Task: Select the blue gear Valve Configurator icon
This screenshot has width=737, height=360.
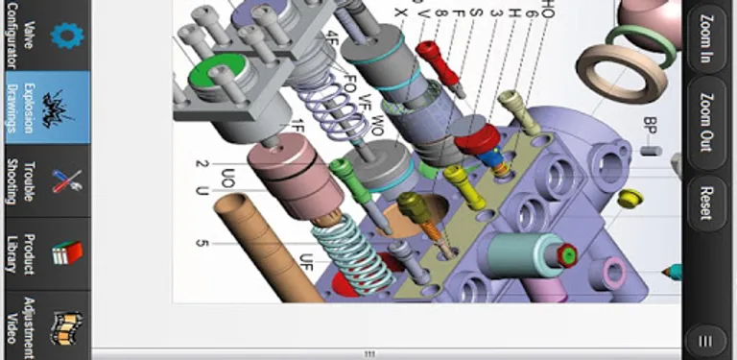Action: click(x=64, y=36)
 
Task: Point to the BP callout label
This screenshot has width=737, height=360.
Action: click(x=650, y=125)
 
